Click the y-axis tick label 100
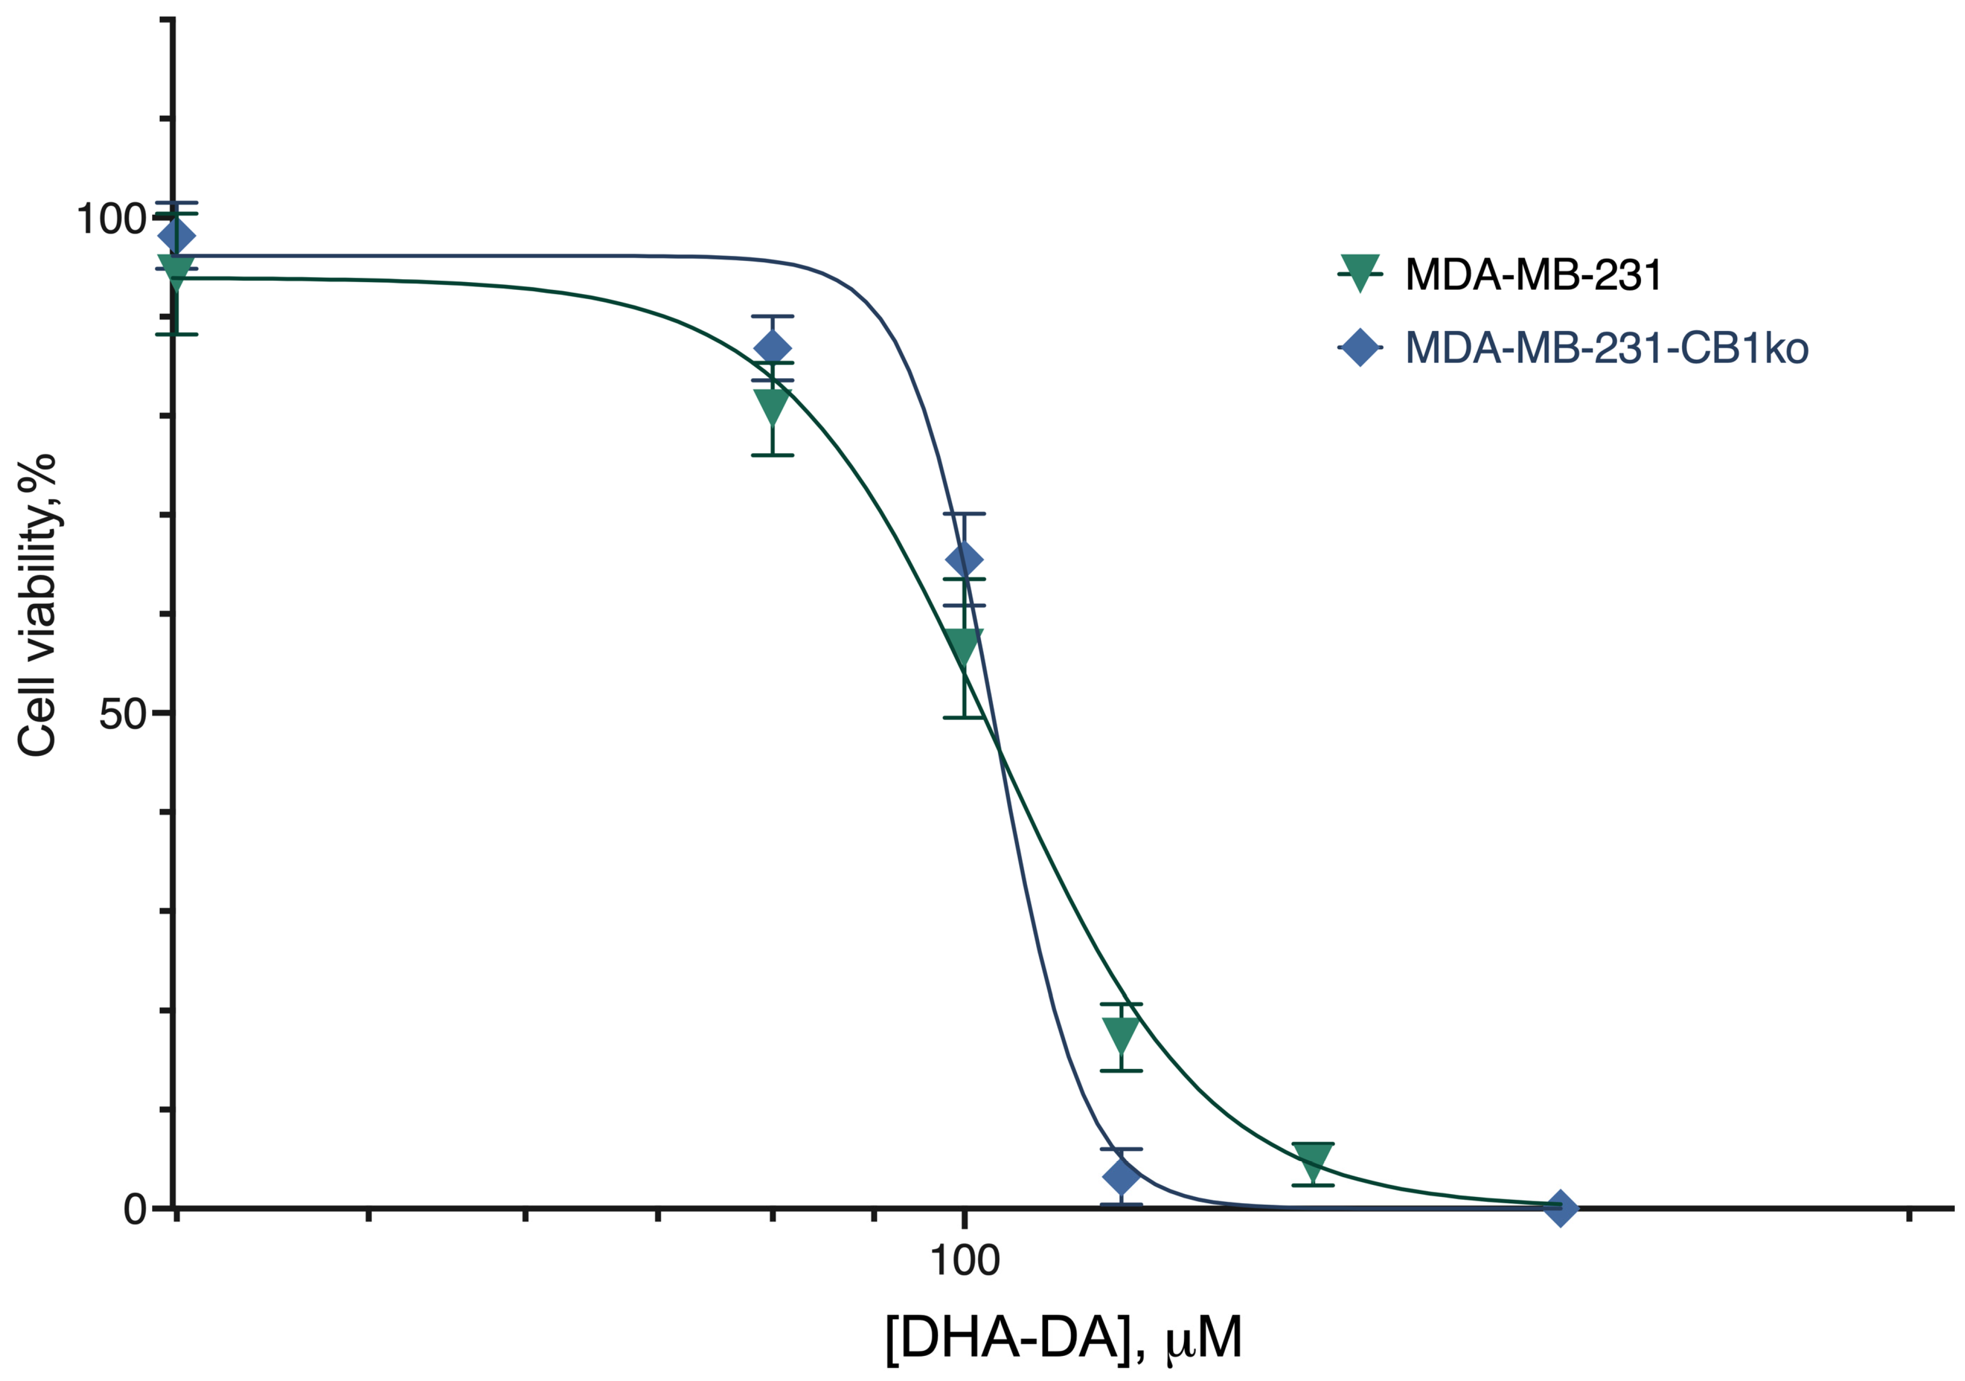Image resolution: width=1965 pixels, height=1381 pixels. pyautogui.click(x=111, y=219)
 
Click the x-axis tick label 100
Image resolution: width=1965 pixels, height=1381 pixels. pyautogui.click(x=965, y=1261)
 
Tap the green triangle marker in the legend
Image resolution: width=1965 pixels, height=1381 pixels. pyautogui.click(x=1359, y=273)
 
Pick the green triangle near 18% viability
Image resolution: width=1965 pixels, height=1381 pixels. pyautogui.click(x=1121, y=1034)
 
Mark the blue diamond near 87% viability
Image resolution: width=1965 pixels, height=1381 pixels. pyautogui.click(x=773, y=348)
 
